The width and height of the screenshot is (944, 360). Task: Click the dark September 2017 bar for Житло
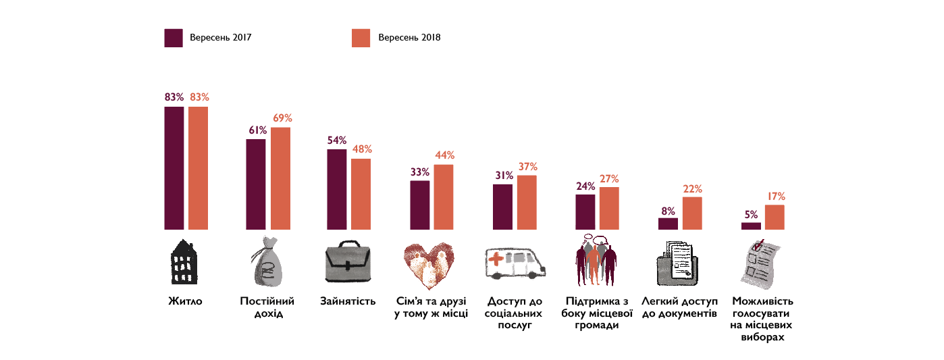[174, 168]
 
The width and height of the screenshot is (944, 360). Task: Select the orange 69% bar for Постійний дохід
[281, 178]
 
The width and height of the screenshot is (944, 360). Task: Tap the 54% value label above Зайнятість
[337, 140]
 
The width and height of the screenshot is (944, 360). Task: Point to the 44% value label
[444, 155]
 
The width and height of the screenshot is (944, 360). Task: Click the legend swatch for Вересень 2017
[174, 38]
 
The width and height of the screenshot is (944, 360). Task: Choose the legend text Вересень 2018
[409, 38]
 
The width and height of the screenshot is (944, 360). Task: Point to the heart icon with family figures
[429, 263]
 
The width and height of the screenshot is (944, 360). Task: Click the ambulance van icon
[515, 263]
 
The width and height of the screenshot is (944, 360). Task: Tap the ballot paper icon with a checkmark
[760, 262]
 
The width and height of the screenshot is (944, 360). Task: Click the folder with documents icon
[679, 263]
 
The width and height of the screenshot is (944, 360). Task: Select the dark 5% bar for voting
[751, 226]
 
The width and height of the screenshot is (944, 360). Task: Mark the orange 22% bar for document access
[692, 213]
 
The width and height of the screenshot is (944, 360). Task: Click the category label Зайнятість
[348, 301]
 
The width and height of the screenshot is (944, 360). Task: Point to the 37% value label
[527, 166]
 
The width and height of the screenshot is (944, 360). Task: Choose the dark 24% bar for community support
[585, 212]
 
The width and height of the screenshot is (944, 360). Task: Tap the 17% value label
[775, 196]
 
